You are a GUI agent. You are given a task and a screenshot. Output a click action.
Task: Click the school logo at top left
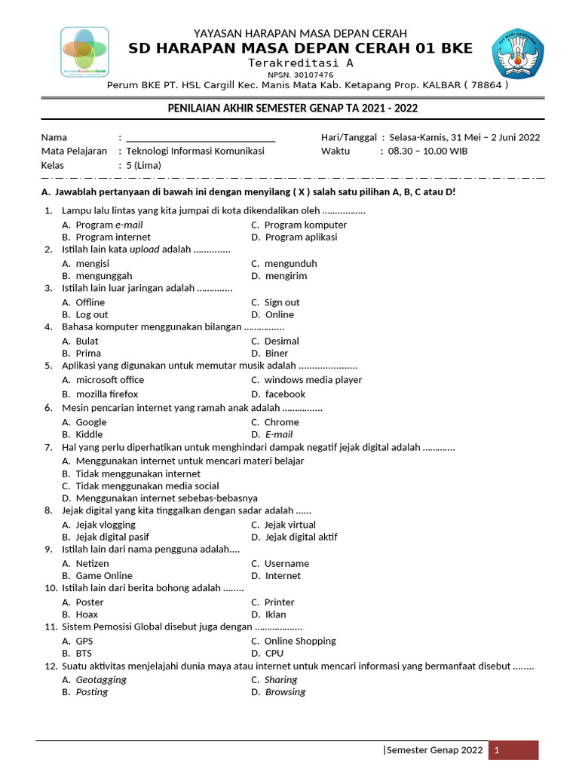pos(84,52)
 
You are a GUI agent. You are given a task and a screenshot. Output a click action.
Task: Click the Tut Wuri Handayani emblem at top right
pos(516,55)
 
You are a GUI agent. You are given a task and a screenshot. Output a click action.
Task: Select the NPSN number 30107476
pos(300,75)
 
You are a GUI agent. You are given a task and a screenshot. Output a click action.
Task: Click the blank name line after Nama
pos(200,137)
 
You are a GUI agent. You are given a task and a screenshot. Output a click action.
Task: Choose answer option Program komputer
pos(305,225)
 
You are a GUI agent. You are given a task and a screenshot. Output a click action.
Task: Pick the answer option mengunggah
pos(103,276)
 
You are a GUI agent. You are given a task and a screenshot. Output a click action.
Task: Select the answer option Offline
pos(90,302)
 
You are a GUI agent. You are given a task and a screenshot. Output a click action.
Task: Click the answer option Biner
pos(276,354)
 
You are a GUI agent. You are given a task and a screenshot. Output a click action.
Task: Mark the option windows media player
pos(312,380)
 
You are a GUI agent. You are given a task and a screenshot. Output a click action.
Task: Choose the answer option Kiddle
pos(89,434)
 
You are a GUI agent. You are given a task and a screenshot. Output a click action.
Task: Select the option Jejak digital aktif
pos(300,538)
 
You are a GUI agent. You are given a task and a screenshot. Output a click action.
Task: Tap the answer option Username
pos(286,563)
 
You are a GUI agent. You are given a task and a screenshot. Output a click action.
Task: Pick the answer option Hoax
pos(87,614)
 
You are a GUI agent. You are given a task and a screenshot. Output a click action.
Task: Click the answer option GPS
pos(84,641)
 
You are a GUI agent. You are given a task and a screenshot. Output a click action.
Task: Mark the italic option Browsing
pos(284,692)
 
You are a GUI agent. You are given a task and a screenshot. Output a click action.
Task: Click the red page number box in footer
pos(513,750)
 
